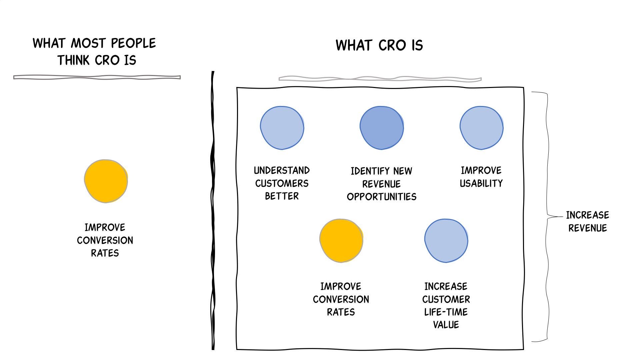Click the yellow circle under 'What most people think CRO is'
click(x=106, y=181)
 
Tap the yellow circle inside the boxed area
click(x=341, y=240)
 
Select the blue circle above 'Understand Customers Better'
click(x=282, y=128)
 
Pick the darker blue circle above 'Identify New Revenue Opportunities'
click(x=382, y=128)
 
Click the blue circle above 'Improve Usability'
click(x=481, y=128)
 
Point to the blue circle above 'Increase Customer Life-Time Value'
click(x=446, y=240)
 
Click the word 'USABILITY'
click(x=481, y=183)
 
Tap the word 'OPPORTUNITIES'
click(x=382, y=197)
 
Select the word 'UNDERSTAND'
click(x=282, y=171)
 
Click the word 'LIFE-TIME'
click(x=446, y=312)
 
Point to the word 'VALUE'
click(x=446, y=325)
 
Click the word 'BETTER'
click(x=282, y=196)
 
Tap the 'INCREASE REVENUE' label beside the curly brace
click(x=587, y=221)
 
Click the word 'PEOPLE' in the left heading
click(x=133, y=43)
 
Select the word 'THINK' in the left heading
click(x=74, y=60)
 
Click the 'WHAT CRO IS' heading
click(x=379, y=45)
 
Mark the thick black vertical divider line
click(x=213, y=210)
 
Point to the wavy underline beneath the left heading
click(x=97, y=77)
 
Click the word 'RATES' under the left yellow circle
click(x=105, y=253)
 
